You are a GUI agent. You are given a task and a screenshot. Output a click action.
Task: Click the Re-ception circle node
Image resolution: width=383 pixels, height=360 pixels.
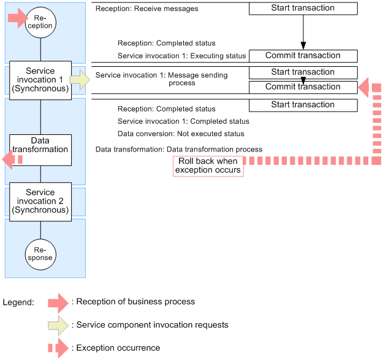tap(40, 22)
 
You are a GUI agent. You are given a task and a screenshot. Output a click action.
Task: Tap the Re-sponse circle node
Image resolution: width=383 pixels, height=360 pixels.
tap(40, 253)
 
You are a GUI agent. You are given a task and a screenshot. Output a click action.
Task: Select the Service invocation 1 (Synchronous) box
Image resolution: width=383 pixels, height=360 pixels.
tap(40, 80)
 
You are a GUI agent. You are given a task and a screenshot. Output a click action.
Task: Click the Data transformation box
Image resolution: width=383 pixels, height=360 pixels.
tap(40, 145)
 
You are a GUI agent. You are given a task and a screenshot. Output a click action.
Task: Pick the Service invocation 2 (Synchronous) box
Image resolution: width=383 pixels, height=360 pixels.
tap(40, 201)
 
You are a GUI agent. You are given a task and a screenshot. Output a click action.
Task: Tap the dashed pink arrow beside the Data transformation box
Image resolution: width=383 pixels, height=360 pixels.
tap(12, 159)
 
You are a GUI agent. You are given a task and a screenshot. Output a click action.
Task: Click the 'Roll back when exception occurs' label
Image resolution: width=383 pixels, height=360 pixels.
tap(208, 166)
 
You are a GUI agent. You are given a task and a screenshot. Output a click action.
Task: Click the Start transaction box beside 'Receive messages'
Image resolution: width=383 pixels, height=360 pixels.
tap(303, 9)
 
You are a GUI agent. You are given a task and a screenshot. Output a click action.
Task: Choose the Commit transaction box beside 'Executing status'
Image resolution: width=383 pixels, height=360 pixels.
tap(303, 56)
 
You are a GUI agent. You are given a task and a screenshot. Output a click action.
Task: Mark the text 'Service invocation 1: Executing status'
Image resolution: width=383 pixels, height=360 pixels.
tap(182, 56)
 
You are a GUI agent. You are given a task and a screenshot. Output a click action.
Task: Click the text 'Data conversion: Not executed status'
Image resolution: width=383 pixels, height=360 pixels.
tap(181, 134)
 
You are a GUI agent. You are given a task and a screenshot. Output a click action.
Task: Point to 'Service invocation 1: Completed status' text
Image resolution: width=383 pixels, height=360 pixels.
tap(183, 121)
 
